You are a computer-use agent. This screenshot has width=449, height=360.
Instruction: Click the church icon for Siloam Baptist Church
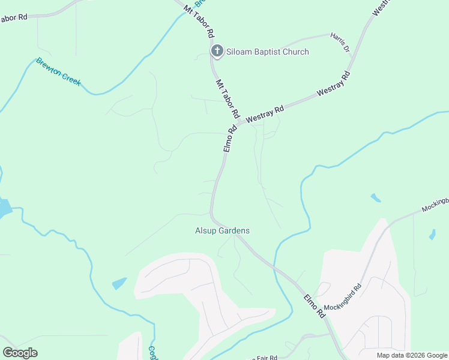pyautogui.click(x=217, y=52)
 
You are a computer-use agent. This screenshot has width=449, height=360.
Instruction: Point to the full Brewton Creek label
pyautogui.click(x=58, y=71)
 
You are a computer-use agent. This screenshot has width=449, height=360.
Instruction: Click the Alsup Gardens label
pyautogui.click(x=222, y=230)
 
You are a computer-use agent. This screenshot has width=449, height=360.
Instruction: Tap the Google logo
pyautogui.click(x=20, y=353)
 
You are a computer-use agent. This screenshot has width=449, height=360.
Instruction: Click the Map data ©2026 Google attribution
pyautogui.click(x=412, y=355)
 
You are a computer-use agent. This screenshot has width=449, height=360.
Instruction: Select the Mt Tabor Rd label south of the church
pyautogui.click(x=228, y=99)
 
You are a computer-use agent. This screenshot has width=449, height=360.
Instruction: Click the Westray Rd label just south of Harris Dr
pyautogui.click(x=334, y=84)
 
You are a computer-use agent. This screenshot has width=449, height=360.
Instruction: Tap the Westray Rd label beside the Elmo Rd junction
pyautogui.click(x=265, y=114)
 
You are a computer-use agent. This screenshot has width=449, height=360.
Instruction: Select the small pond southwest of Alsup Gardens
pyautogui.click(x=119, y=283)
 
